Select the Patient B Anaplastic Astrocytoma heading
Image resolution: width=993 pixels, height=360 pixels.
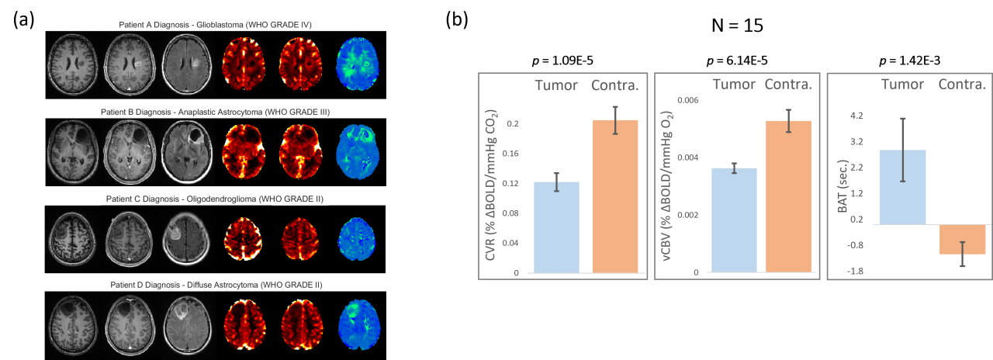coord(216,112)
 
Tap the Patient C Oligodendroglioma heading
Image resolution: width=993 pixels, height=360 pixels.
coord(214,199)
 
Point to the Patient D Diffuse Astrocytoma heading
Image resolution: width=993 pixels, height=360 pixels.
coord(214,285)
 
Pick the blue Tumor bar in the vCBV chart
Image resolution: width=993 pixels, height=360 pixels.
coord(734,220)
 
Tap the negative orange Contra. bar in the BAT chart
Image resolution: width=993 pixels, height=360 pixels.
coord(962,239)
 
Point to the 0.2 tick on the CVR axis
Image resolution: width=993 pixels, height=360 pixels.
coord(512,124)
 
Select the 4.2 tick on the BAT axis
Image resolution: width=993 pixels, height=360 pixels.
coord(856,116)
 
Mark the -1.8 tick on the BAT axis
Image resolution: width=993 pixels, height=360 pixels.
coord(854,272)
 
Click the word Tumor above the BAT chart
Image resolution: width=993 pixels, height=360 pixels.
coord(903,85)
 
